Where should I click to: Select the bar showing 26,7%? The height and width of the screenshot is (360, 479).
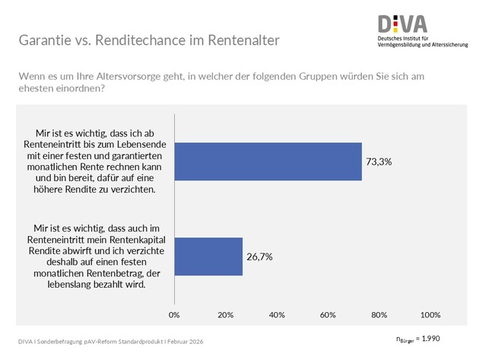208,256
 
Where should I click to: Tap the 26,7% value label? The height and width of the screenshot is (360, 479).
260,256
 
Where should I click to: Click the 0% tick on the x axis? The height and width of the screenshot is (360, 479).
174,314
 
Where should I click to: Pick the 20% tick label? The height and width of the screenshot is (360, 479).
225,314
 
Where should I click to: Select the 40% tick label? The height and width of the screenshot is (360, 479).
277,314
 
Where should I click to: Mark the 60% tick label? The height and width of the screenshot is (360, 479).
328,314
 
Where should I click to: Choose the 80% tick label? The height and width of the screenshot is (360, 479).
379,314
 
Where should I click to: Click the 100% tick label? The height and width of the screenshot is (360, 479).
430,314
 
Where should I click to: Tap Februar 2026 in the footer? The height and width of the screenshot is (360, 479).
185,341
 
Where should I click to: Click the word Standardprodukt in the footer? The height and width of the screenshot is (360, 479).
135,341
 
